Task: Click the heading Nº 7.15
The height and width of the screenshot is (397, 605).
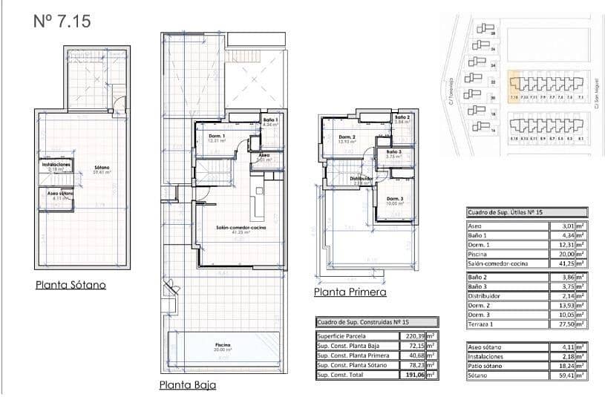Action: point(62,22)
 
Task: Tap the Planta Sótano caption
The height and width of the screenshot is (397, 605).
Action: point(71,284)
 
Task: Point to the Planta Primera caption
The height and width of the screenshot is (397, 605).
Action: point(350,292)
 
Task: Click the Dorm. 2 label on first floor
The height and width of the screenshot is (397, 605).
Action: point(347,137)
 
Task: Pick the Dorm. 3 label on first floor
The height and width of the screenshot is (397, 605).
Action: point(394,199)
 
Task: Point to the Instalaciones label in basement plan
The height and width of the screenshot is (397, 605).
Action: point(56,164)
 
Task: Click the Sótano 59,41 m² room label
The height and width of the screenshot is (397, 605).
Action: point(102,168)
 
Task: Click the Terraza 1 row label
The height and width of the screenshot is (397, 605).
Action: point(483,324)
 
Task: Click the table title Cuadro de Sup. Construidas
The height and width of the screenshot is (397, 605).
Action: point(363,322)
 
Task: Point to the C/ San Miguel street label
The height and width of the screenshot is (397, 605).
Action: point(596,96)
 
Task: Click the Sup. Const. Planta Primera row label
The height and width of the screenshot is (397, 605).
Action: point(353,355)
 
